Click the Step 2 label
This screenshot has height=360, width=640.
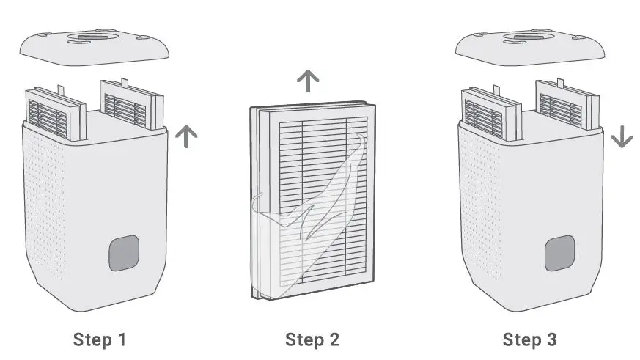coord(312,339)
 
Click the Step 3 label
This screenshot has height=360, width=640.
coord(529,339)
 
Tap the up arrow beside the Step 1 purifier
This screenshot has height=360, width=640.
coord(187,136)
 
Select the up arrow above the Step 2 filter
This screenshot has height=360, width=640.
coord(309,81)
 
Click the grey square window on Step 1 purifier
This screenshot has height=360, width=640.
coord(124,254)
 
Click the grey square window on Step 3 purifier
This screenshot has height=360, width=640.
coord(559,254)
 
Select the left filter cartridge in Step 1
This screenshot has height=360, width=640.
coord(56,114)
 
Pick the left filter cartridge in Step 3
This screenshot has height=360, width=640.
coord(491,114)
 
